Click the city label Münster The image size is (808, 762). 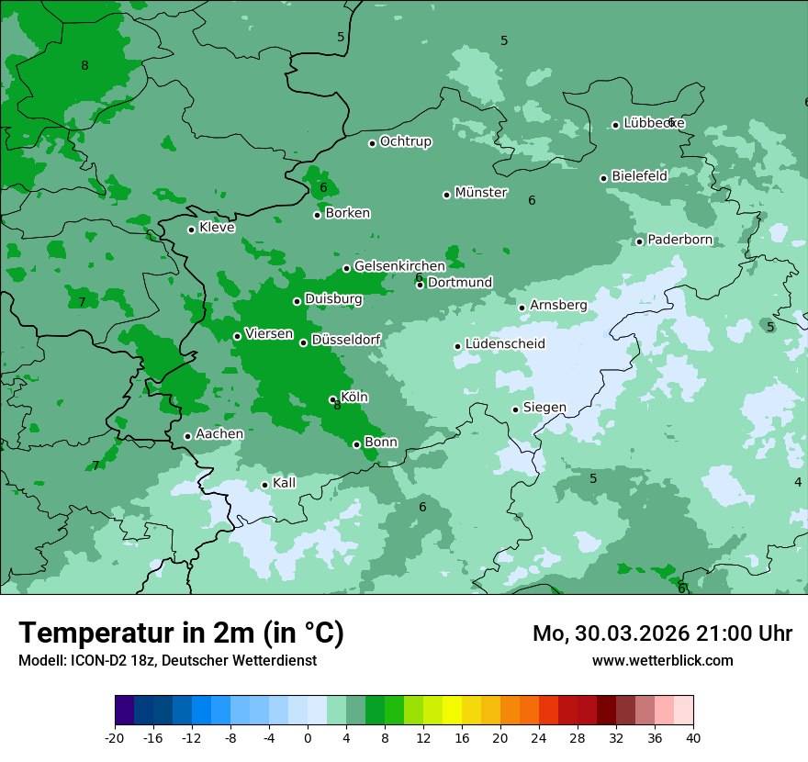(x=481, y=193)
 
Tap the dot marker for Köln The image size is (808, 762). (x=332, y=399)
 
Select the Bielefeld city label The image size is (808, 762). (x=640, y=175)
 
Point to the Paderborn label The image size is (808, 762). (x=680, y=240)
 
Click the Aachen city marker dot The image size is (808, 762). (x=187, y=436)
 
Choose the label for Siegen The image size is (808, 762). (x=545, y=408)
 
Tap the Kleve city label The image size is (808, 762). (x=218, y=228)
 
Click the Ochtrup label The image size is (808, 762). (x=406, y=141)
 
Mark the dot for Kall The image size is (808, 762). (x=264, y=485)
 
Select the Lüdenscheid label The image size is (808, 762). (x=505, y=344)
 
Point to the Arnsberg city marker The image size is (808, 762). (x=522, y=308)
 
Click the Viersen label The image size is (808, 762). (x=269, y=334)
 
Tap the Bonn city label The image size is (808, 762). (x=381, y=443)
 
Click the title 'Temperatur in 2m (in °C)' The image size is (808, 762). (x=182, y=633)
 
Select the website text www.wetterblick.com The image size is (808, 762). (x=663, y=660)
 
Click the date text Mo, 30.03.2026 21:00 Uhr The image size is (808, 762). (x=663, y=633)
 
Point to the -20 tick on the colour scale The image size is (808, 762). (x=115, y=737)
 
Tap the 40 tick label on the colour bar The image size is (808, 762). (x=692, y=737)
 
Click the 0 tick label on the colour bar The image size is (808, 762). (x=308, y=737)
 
